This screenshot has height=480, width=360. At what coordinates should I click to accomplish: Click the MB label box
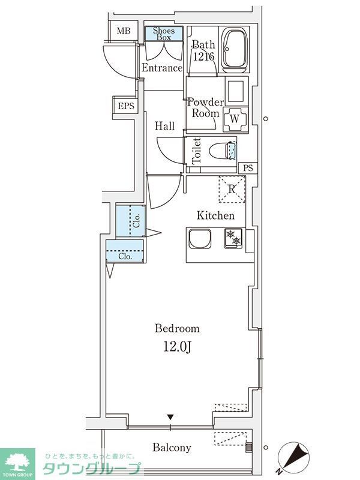[x=123, y=31]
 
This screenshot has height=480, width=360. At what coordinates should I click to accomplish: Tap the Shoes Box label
[x=164, y=33]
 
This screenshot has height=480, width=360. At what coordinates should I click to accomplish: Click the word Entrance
[x=161, y=68]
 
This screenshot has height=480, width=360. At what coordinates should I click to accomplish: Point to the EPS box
[x=125, y=106]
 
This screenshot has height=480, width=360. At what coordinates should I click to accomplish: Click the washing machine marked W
[x=235, y=119]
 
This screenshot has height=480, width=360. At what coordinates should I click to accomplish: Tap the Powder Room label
[x=206, y=107]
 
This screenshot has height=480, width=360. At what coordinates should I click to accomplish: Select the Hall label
[x=165, y=126]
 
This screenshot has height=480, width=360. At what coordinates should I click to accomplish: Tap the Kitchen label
[x=216, y=215]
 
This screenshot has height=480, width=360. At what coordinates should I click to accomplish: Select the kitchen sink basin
[x=200, y=239]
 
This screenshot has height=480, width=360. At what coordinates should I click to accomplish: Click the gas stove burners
[x=233, y=238]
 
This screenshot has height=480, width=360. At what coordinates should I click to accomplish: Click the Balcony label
[x=172, y=448]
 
